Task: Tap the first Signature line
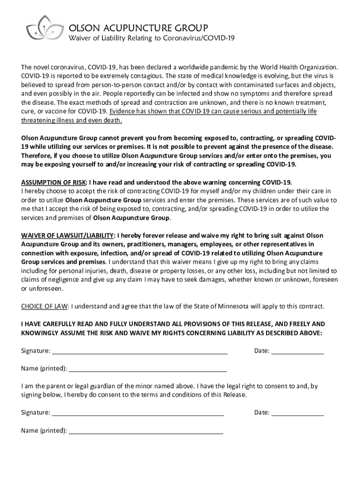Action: point(139,351)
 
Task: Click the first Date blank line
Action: point(297,351)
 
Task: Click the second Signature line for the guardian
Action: point(137,413)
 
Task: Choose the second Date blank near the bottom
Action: point(297,413)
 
